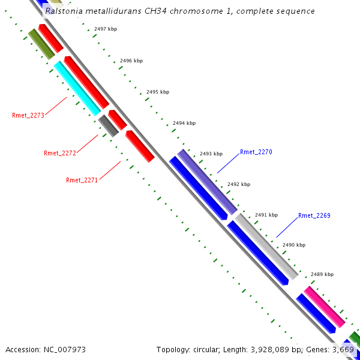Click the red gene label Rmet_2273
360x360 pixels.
[28, 115]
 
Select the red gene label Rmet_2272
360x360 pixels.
[60, 154]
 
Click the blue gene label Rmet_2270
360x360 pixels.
[256, 152]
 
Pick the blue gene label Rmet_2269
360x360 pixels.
[314, 215]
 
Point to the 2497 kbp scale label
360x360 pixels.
[106, 29]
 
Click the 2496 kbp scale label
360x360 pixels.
[131, 61]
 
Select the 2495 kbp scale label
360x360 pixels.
[158, 92]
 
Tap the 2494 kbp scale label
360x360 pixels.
[184, 123]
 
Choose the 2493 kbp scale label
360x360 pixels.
[211, 154]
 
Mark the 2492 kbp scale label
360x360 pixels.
[238, 185]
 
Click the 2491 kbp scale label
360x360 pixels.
[266, 215]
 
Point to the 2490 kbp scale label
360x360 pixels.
[294, 245]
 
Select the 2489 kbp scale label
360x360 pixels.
[322, 274]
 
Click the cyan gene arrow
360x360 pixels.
[77, 88]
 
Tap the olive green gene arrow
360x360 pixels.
[42, 44]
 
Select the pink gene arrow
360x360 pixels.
[325, 307]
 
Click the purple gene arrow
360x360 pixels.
[208, 182]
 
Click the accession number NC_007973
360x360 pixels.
[46, 349]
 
